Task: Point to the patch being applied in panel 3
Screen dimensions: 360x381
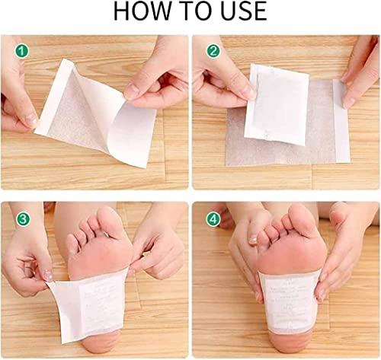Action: coord(91,301)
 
